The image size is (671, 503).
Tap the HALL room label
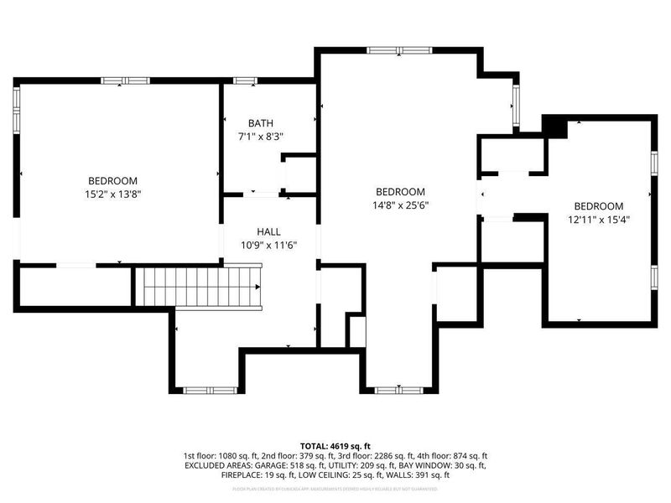click(x=268, y=231)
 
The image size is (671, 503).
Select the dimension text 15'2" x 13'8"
click(x=113, y=194)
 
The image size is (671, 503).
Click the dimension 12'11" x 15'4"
click(x=598, y=220)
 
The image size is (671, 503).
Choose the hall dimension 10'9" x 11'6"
click(x=268, y=246)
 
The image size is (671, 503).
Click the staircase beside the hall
click(x=200, y=286)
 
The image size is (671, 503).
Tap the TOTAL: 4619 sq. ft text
click(x=335, y=445)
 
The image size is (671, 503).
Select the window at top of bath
click(x=245, y=80)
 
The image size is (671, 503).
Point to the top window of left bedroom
click(x=124, y=80)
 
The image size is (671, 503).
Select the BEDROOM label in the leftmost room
click(x=113, y=181)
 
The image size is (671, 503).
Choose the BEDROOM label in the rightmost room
click(x=598, y=206)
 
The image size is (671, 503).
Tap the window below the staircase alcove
click(x=209, y=390)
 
